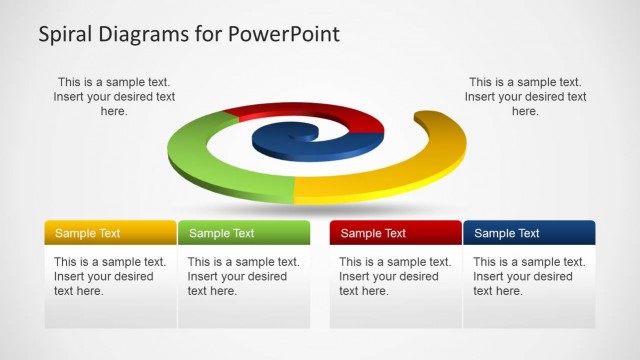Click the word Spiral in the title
pyautogui.click(x=66, y=34)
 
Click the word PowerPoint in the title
pyautogui.click(x=285, y=34)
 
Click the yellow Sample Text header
pyautogui.click(x=110, y=233)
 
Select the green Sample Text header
pyautogui.click(x=244, y=233)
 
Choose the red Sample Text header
pyautogui.click(x=395, y=233)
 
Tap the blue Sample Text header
pyautogui.click(x=529, y=233)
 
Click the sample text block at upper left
pyautogui.click(x=114, y=97)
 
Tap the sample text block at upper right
pyautogui.click(x=525, y=97)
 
